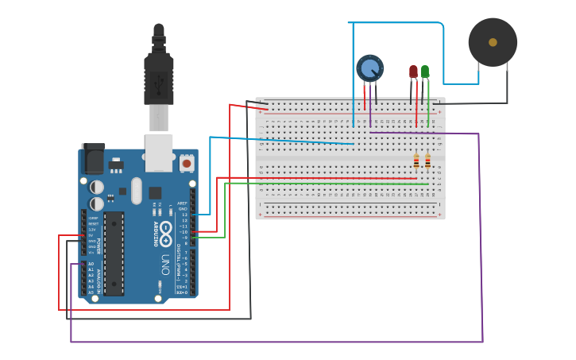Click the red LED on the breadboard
click(x=413, y=72)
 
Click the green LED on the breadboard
click(x=425, y=72)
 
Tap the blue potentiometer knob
click(x=369, y=68)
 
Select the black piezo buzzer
click(x=493, y=42)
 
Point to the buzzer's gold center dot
click(x=493, y=42)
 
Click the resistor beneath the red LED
click(x=416, y=162)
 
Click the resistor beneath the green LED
click(x=427, y=162)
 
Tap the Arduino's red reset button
click(x=187, y=163)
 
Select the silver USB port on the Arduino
click(x=159, y=152)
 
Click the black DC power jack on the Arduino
click(x=93, y=158)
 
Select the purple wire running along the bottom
click(x=278, y=342)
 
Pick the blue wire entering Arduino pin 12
click(x=203, y=214)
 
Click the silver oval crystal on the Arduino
click(x=136, y=191)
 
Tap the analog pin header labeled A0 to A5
click(x=82, y=278)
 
